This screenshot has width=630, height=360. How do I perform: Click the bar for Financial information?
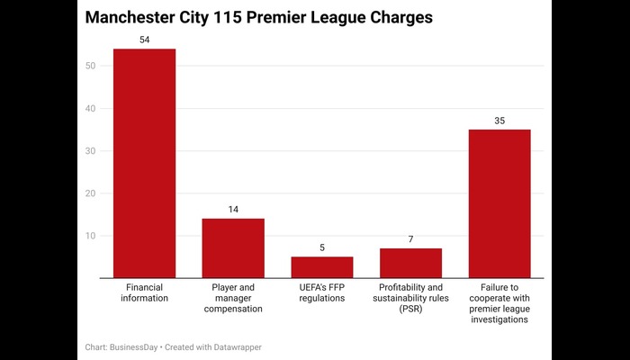144,164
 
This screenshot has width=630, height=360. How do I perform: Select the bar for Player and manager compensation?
233,248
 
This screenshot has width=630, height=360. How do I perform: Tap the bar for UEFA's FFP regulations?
322,267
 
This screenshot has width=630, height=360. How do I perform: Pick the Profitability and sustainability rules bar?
410,263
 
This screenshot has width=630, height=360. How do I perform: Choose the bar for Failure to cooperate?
499,204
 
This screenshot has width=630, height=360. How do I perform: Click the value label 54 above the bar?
144,40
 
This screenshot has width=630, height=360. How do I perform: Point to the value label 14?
233,210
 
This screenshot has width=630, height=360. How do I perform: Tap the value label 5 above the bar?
322,247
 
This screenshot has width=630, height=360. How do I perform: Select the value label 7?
410,239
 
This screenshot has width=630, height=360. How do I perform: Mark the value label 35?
499,121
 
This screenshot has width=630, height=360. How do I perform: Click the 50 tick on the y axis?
91,66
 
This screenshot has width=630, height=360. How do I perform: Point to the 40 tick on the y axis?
91,108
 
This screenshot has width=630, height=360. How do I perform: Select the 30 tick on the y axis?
91,150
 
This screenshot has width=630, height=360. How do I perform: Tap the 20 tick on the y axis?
91,193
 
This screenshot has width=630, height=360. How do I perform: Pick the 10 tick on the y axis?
91,235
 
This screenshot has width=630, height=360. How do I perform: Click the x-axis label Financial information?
144,292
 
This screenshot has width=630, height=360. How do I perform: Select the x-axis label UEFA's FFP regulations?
322,292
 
